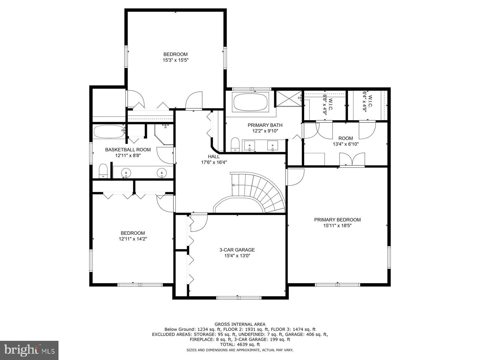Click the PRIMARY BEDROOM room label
point(337,220)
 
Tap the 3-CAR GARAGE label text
point(237,250)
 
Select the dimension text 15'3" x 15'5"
point(175,60)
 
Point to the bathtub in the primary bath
point(250,102)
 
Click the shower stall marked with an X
point(288,98)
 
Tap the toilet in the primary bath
point(235,145)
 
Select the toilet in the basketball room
point(103,171)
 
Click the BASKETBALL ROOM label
point(128,149)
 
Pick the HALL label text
point(214,156)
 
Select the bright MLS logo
point(29,349)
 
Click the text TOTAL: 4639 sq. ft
point(240,345)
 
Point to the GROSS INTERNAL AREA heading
point(240,324)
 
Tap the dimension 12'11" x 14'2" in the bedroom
point(133,239)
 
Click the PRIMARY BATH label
point(265,125)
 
